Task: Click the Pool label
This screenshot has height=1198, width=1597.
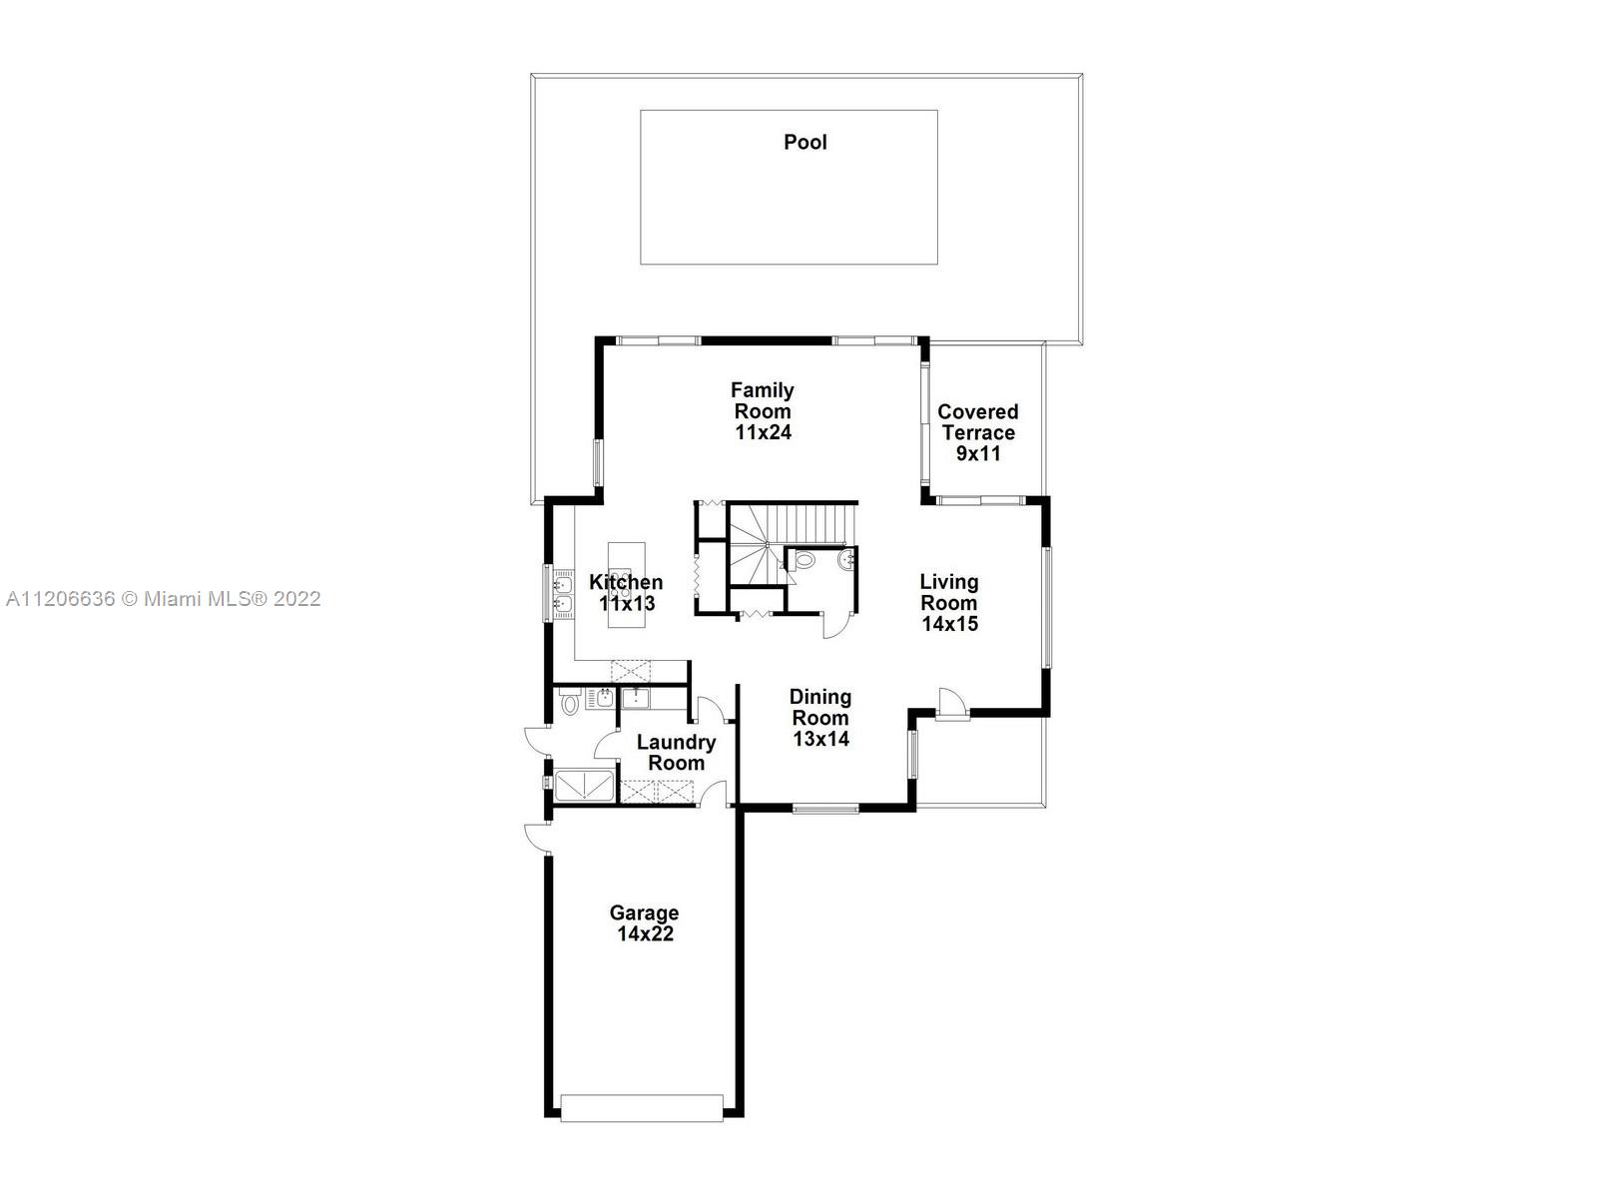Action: pyautogui.click(x=804, y=142)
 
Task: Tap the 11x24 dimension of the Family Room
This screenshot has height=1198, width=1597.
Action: pyautogui.click(x=763, y=432)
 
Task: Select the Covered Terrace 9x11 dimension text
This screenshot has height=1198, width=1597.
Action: pyautogui.click(x=978, y=453)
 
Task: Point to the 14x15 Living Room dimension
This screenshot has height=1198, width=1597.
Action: pyautogui.click(x=949, y=623)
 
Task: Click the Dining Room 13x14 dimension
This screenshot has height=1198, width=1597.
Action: pyautogui.click(x=820, y=739)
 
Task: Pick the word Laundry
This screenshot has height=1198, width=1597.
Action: pyautogui.click(x=676, y=743)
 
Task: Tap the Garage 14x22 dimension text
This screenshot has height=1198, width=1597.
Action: pyautogui.click(x=646, y=933)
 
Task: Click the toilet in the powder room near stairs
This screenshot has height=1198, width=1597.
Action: pyautogui.click(x=803, y=560)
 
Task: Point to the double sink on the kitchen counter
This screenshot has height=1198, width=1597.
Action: pyautogui.click(x=564, y=594)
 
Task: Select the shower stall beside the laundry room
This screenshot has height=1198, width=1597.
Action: pyautogui.click(x=585, y=787)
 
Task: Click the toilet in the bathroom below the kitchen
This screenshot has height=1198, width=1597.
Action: pyautogui.click(x=569, y=704)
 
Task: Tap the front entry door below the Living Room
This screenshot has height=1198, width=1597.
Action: pyautogui.click(x=951, y=704)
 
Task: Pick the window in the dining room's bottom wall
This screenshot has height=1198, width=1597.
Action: pyautogui.click(x=825, y=808)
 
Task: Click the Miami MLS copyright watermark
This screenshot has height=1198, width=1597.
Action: pyautogui.click(x=163, y=599)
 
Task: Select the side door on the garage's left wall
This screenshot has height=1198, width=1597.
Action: pyautogui.click(x=538, y=838)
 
